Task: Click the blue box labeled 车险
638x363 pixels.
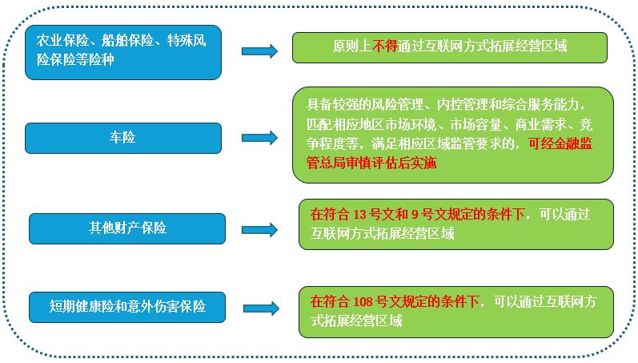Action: click(x=122, y=138)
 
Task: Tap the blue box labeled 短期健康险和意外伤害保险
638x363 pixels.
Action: click(x=126, y=306)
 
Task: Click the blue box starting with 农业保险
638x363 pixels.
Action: click(x=122, y=52)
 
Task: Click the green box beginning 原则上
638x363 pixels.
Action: click(x=449, y=46)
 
